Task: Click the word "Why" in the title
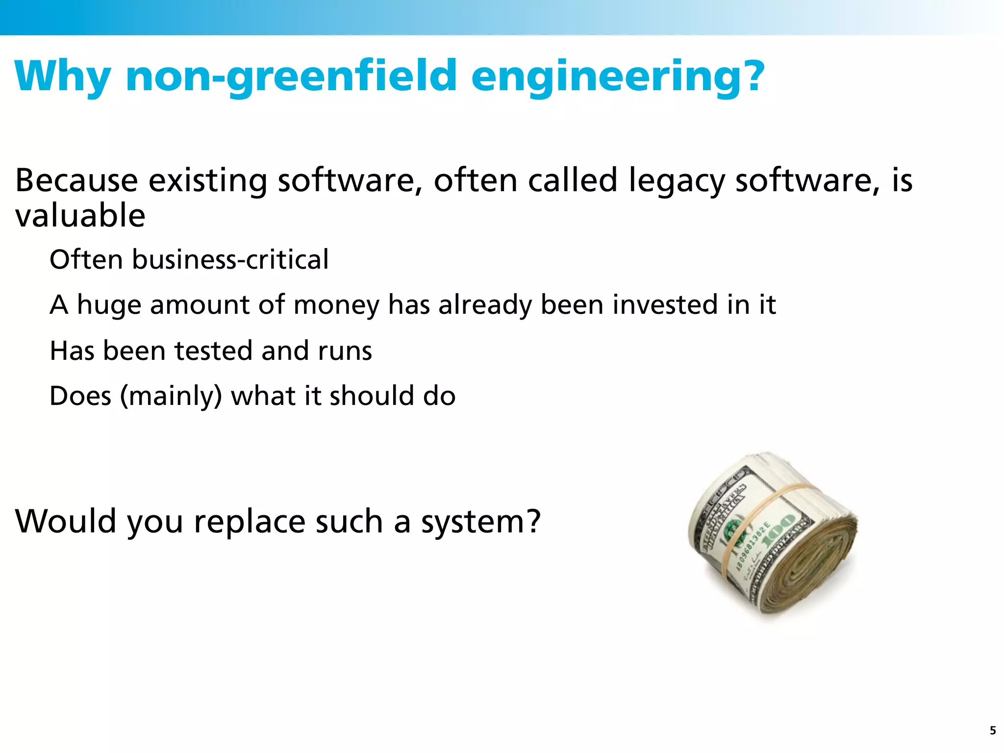63,76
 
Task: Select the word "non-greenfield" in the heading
291,76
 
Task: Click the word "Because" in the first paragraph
76,180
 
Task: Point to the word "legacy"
677,181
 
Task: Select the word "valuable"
80,216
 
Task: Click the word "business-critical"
230,259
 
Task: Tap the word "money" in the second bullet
336,305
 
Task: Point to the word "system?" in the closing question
481,522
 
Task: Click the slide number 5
993,731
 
